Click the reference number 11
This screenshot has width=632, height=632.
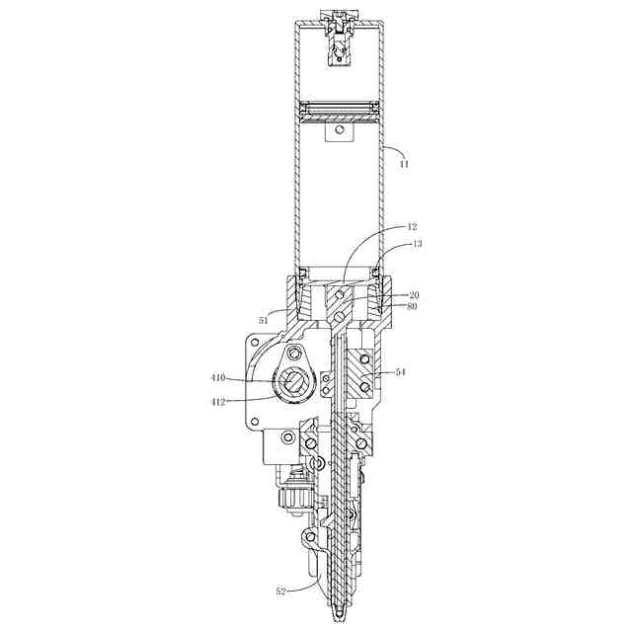[x=404, y=164]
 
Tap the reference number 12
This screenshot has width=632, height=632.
[x=412, y=227]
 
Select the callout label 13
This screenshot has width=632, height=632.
[x=418, y=244]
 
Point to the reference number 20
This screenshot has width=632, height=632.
[x=414, y=295]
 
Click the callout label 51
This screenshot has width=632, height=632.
[x=264, y=321]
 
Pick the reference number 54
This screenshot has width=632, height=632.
[x=400, y=372]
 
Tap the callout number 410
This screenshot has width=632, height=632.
[x=218, y=378]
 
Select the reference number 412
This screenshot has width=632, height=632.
[x=218, y=402]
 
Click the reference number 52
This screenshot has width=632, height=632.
[x=280, y=592]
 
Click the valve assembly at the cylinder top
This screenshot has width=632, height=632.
[x=340, y=39]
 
